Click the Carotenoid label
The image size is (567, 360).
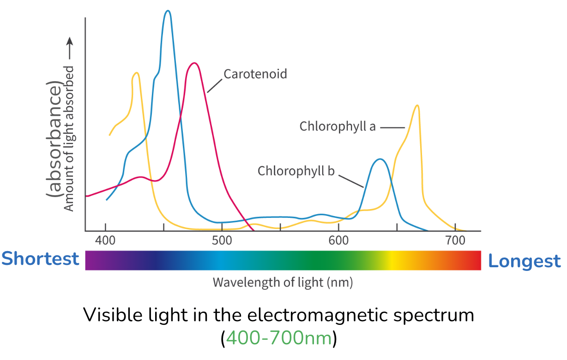pos(255,74)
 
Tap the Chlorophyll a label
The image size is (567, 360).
pos(338,126)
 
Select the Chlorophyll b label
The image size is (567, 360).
pos(296,171)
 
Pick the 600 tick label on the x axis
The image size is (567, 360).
pos(338,241)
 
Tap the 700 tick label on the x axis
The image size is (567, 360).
pos(455,241)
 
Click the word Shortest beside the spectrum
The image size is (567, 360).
pos(40,259)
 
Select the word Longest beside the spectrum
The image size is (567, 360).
pos(525,261)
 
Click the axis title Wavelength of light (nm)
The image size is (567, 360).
pos(283,282)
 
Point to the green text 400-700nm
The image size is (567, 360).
pos(279,338)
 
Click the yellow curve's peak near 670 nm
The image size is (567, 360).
pos(417,106)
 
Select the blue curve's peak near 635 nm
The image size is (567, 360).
pos(380,159)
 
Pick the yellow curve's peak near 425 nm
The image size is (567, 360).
pos(136,72)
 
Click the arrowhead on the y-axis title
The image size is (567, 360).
pos(69,42)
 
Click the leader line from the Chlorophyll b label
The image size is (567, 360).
pos(351,181)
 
